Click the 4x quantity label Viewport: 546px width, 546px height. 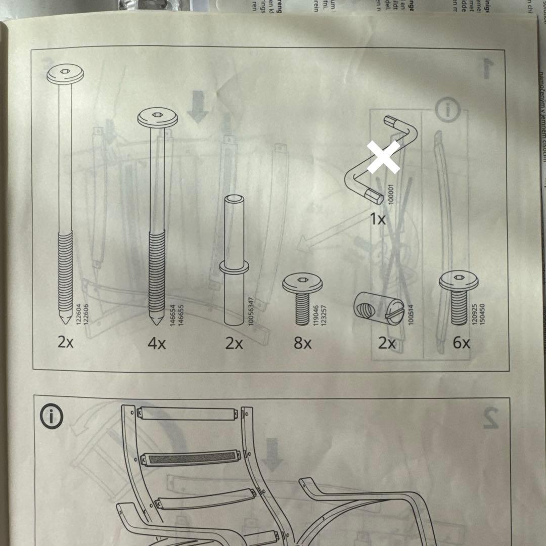coord(157,344)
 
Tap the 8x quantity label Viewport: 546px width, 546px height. coord(302,344)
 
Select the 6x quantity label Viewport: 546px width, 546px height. coord(461,343)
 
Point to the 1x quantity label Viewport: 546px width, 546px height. coord(377,219)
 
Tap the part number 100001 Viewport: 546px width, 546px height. coord(390,193)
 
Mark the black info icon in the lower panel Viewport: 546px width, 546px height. coord(52,417)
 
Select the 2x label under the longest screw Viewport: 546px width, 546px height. coord(66,343)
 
